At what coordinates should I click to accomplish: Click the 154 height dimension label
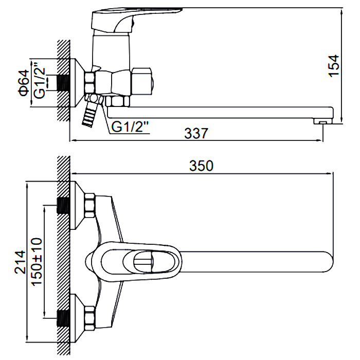tap(334, 66)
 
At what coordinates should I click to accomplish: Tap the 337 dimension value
tap(196, 133)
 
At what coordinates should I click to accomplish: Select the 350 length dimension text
tap(201, 166)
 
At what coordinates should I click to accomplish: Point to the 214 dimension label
tap(20, 262)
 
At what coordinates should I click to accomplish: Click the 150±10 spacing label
tap(37, 262)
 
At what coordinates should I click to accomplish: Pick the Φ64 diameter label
tap(24, 83)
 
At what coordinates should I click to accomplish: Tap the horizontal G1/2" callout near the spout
tap(130, 127)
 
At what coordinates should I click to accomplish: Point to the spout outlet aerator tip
tap(322, 122)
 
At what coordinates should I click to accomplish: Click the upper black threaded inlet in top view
tap(63, 206)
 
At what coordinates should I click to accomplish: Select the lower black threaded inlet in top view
tap(63, 318)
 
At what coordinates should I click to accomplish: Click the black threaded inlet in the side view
tap(63, 83)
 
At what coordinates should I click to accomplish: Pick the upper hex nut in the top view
tap(90, 206)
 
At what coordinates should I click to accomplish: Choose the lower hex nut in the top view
tap(90, 318)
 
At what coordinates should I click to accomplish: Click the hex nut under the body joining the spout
tap(117, 101)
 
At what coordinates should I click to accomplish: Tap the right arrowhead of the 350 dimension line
tap(330, 173)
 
